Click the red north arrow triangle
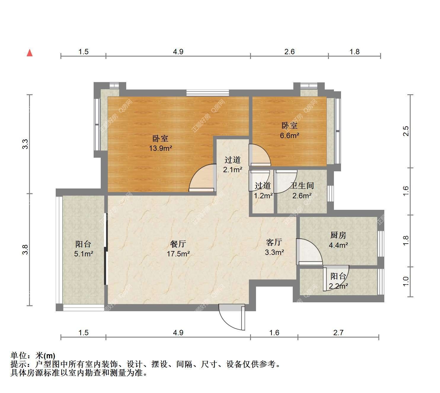point(30,53)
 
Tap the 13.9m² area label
point(161,148)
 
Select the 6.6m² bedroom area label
point(289,135)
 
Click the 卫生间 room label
point(302,186)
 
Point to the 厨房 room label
point(338,235)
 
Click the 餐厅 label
point(178,244)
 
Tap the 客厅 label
point(274,242)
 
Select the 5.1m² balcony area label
point(84,253)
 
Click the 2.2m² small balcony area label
point(338,286)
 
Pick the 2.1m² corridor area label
point(233,170)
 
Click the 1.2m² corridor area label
point(263,196)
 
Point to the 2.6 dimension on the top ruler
point(289,52)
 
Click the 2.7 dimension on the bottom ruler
point(338,333)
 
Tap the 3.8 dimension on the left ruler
point(25,250)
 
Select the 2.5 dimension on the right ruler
point(406,131)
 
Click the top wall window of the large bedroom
point(208,93)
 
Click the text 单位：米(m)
point(33,356)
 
